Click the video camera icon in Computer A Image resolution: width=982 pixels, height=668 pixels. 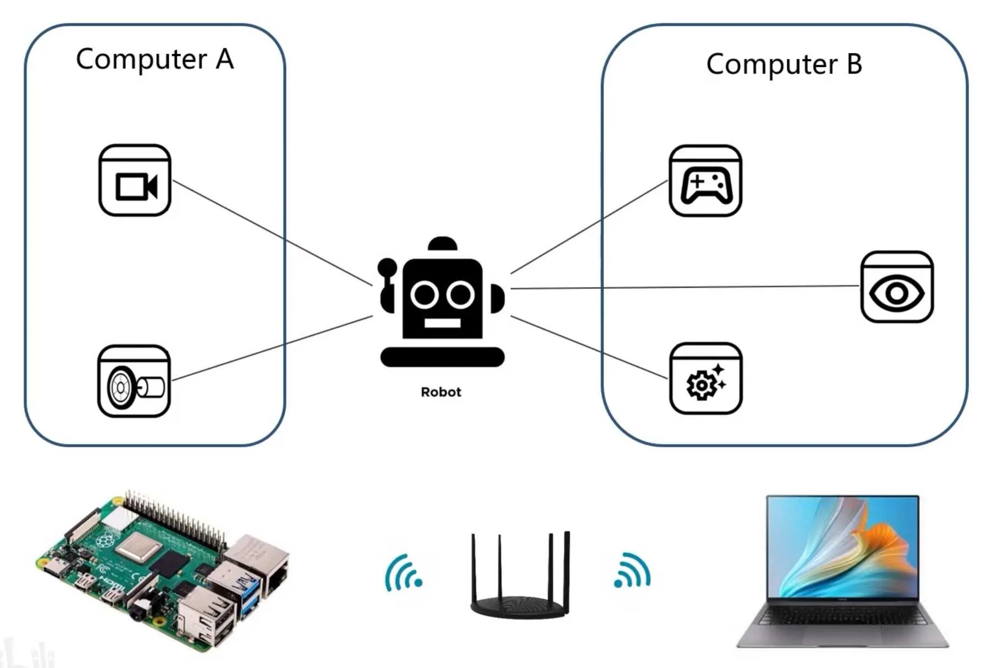coord(135,180)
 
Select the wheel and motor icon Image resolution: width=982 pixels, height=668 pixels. coord(134,381)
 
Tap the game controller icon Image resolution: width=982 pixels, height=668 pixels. coord(705,181)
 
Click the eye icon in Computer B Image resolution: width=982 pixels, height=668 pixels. coord(897,287)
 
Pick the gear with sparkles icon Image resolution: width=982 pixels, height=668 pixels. coord(706,378)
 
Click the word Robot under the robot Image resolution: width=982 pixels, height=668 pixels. coord(441,392)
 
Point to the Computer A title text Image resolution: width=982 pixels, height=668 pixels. coord(155,59)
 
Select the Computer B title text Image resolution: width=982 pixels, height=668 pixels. coord(784,64)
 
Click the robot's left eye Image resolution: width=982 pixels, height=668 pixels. coord(424,295)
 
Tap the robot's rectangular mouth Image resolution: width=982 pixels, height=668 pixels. coord(442,323)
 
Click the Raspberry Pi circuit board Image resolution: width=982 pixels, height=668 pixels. coord(163,570)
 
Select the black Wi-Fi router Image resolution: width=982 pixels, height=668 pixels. coord(520,575)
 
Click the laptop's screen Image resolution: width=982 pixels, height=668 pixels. coord(842,547)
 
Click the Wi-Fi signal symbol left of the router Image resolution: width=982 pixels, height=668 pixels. coord(403,573)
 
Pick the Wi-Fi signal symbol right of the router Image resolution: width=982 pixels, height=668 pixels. coord(632,571)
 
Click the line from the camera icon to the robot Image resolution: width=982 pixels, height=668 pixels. coord(273,233)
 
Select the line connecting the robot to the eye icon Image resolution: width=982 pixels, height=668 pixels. coord(685,287)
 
